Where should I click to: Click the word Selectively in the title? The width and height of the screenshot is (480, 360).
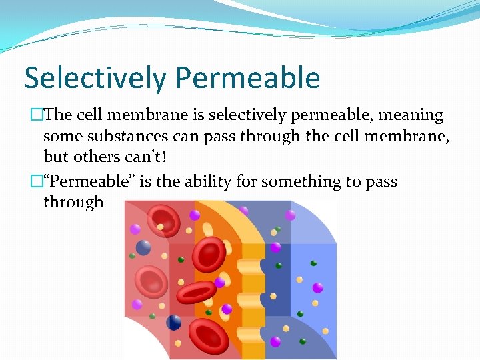tap(96, 78)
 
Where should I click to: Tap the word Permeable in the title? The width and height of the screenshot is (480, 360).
tap(247, 78)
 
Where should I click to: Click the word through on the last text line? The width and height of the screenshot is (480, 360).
tap(73, 202)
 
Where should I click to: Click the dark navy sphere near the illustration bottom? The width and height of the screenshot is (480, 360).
tap(174, 323)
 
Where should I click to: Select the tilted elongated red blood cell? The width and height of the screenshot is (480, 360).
tap(197, 291)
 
